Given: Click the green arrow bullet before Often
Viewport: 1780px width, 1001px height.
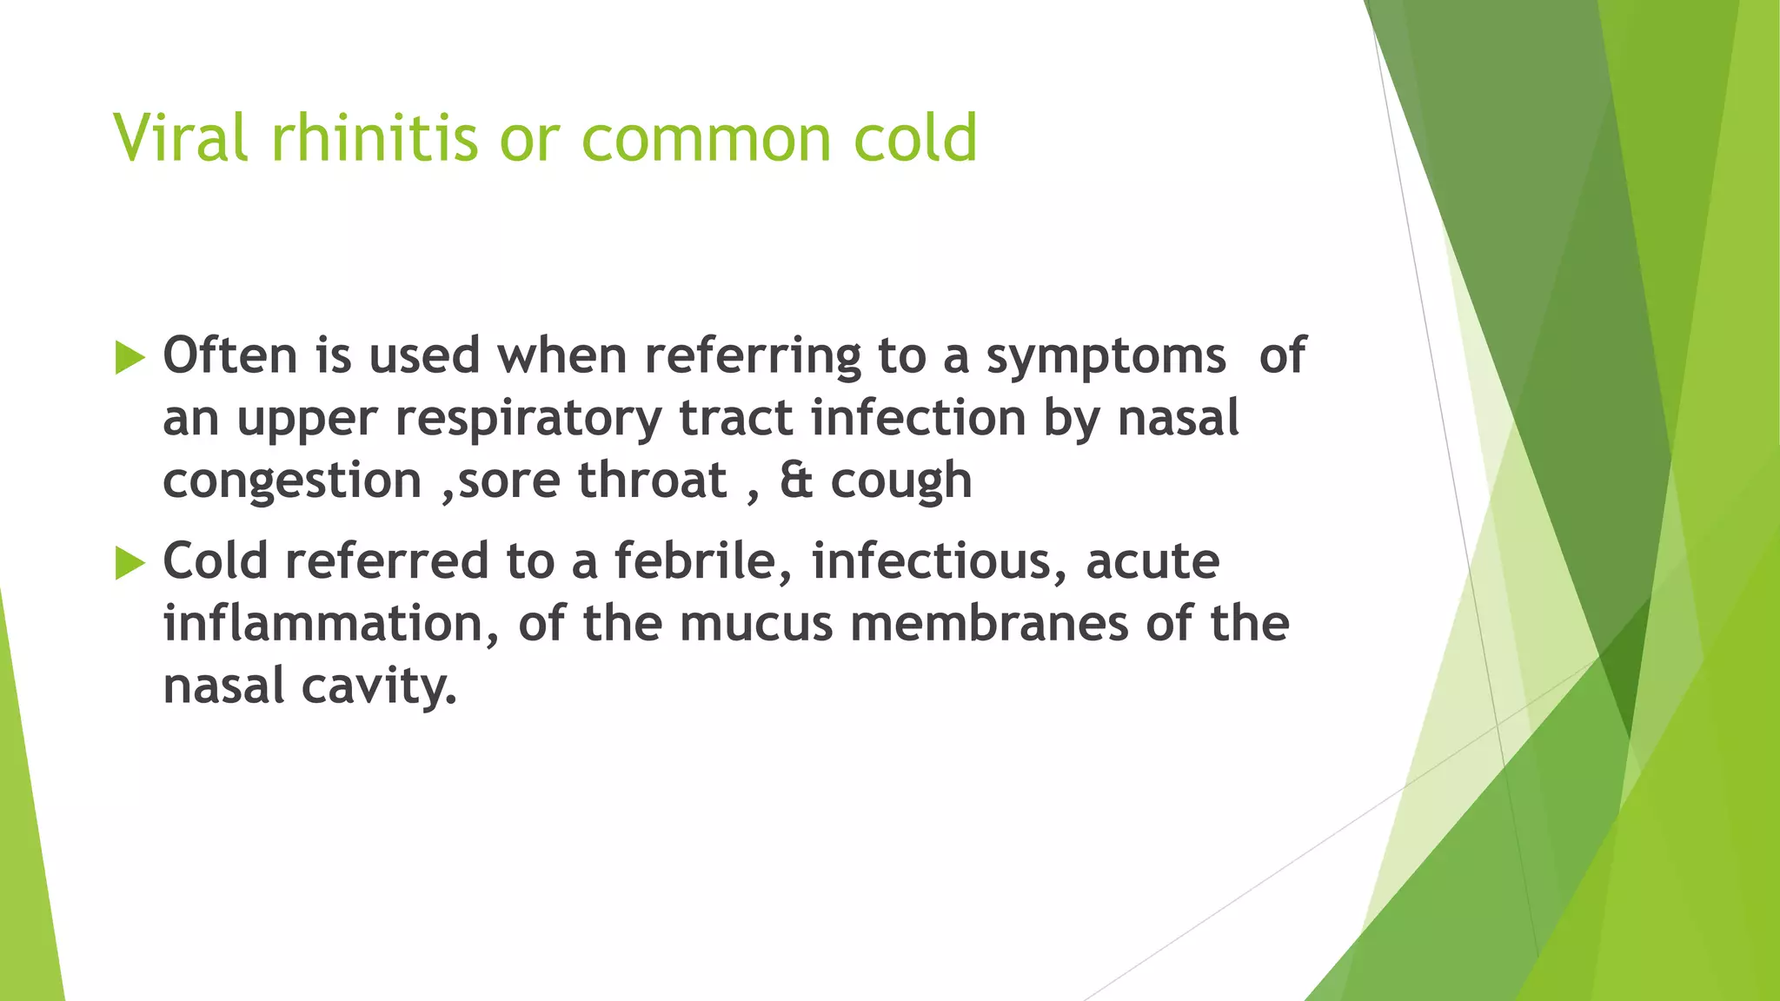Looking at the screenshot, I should [130, 358].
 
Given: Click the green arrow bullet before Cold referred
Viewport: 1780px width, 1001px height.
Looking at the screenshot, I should [130, 563].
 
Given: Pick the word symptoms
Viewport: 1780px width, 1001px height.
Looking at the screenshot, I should [1106, 358].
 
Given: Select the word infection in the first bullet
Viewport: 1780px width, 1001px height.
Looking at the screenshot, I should [918, 418].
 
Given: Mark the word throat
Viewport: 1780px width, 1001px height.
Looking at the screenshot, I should [652, 481].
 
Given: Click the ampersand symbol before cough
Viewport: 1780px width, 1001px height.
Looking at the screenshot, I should [796, 481].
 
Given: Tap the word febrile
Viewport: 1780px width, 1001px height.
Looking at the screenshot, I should [703, 561].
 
